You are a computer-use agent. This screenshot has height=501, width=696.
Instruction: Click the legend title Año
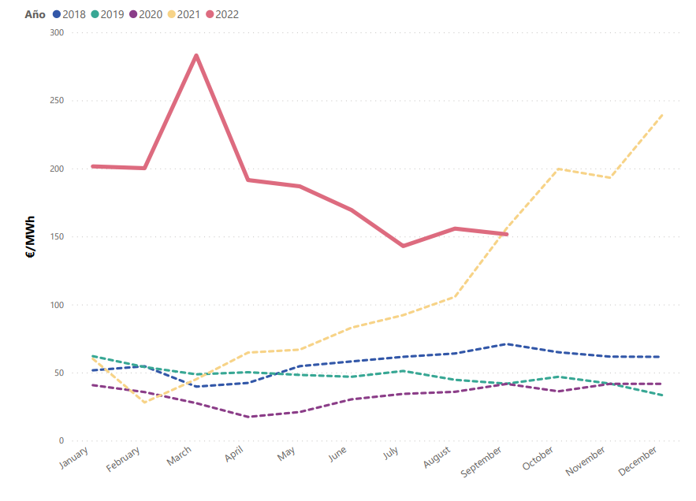pyautogui.click(x=35, y=14)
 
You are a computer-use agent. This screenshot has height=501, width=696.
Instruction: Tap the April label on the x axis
pyautogui.click(x=234, y=456)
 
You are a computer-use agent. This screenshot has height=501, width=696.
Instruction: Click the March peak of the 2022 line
pyautogui.click(x=196, y=55)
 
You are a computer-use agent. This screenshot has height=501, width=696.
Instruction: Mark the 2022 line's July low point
pyautogui.click(x=404, y=246)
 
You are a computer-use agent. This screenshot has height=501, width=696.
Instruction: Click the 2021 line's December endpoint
pyautogui.click(x=662, y=114)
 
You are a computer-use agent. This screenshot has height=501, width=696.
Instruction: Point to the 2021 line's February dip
pyautogui.click(x=144, y=403)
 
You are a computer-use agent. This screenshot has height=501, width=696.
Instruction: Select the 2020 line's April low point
pyautogui.click(x=248, y=417)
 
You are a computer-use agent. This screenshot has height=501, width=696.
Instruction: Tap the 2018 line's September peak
pyautogui.click(x=507, y=343)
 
